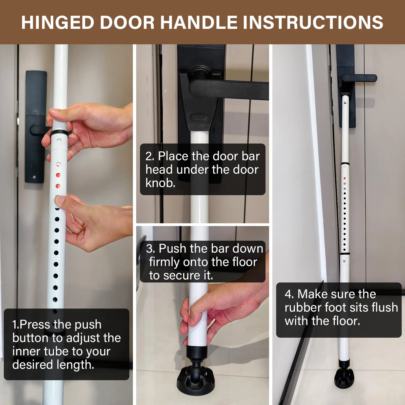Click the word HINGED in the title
click(x=58, y=22)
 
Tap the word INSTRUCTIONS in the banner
click(x=313, y=22)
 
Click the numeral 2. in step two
click(x=150, y=156)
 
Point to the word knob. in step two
click(x=160, y=183)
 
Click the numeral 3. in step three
click(x=151, y=249)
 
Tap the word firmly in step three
click(x=164, y=262)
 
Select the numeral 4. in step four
click(x=289, y=294)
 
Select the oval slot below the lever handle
click(x=199, y=117)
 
